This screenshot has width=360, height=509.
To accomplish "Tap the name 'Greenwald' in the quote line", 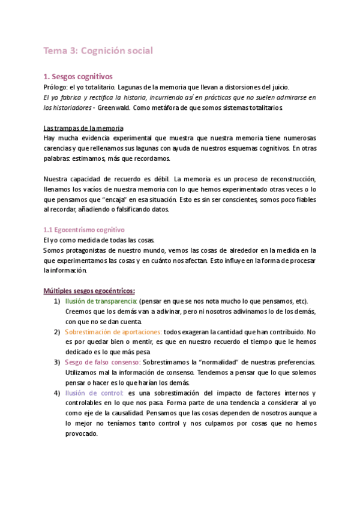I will [x=120, y=108].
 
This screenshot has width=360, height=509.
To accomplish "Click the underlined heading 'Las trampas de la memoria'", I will [x=83, y=128].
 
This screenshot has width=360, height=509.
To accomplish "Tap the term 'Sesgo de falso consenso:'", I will [x=103, y=363].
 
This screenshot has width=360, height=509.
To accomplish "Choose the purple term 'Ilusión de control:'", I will [x=94, y=393].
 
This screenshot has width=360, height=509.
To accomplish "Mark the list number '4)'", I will [x=56, y=393].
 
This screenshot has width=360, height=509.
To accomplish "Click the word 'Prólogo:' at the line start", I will [x=58, y=87].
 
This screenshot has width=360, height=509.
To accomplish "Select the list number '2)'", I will [x=56, y=332].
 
